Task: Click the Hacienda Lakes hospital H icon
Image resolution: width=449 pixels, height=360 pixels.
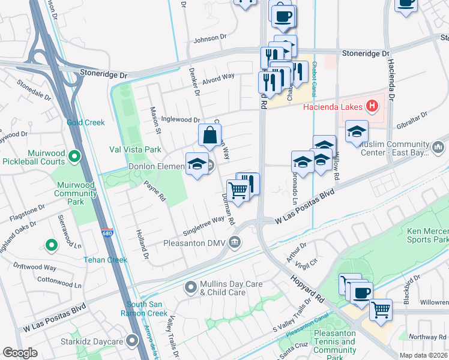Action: click(373, 107)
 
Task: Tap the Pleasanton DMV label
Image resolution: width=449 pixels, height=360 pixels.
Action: click(194, 243)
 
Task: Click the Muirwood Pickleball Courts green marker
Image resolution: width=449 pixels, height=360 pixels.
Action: click(74, 157)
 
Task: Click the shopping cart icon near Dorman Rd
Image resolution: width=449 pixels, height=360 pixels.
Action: click(238, 190)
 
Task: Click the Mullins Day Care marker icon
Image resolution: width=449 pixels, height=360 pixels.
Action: click(191, 287)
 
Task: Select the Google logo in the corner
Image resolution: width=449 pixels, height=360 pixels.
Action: click(20, 353)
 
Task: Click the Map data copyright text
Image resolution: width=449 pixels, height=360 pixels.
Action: click(420, 355)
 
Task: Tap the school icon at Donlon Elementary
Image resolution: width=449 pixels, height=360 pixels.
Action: click(197, 164)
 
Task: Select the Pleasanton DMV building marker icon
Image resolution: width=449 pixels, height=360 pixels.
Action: click(235, 242)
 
